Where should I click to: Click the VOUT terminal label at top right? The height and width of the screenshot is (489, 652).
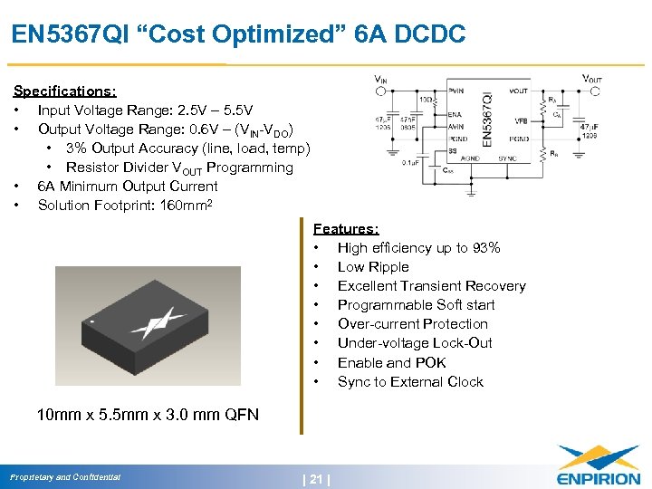click(x=591, y=80)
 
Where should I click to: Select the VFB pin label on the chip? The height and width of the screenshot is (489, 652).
click(x=521, y=120)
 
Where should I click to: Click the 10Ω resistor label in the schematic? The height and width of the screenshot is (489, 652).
click(x=424, y=98)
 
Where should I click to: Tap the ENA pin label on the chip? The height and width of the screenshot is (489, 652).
click(x=455, y=115)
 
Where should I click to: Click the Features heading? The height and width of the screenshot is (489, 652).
click(x=346, y=229)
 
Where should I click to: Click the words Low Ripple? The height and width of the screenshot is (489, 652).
click(x=373, y=267)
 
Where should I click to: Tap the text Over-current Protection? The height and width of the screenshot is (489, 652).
click(x=412, y=324)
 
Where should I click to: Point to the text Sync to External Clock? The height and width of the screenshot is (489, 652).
click(x=410, y=381)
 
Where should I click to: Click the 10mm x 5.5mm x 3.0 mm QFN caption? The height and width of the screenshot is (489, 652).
click(x=148, y=416)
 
